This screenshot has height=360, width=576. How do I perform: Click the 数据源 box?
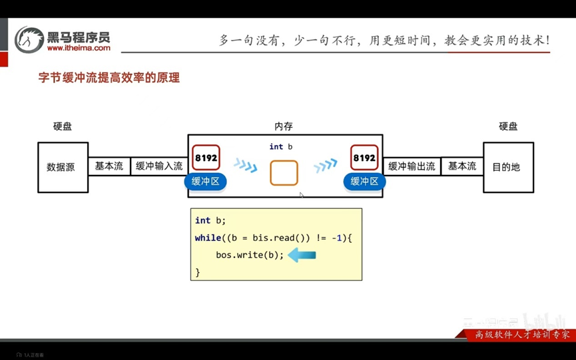[x=63, y=167]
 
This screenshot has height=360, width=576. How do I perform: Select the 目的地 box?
[x=508, y=167]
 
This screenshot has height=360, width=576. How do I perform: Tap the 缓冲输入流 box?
[x=158, y=166]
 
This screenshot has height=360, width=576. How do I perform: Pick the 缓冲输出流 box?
[x=412, y=166]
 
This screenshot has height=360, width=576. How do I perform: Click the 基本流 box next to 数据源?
[x=109, y=166]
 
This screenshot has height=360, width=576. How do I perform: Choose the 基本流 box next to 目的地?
[x=462, y=166]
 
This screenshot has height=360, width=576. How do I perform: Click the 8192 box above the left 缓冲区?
[x=206, y=158]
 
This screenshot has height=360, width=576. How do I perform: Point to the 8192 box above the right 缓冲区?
[x=364, y=158]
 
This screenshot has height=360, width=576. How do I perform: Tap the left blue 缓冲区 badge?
[x=206, y=181]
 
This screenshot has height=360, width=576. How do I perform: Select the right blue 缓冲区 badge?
[x=364, y=181]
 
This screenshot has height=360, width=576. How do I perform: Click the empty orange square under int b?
[x=284, y=173]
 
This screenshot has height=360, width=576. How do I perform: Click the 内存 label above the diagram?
[x=284, y=126]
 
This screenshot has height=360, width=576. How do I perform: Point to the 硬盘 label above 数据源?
[x=63, y=126]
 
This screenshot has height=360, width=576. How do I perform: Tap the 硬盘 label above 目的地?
[x=508, y=126]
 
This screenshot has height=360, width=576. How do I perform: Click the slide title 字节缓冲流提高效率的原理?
[x=109, y=78]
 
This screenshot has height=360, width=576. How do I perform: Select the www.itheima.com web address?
[x=79, y=48]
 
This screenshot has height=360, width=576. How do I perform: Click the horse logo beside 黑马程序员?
[x=29, y=40]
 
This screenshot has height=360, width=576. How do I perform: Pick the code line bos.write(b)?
[x=250, y=255]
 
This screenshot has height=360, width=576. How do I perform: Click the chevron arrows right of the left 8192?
[x=245, y=165]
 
